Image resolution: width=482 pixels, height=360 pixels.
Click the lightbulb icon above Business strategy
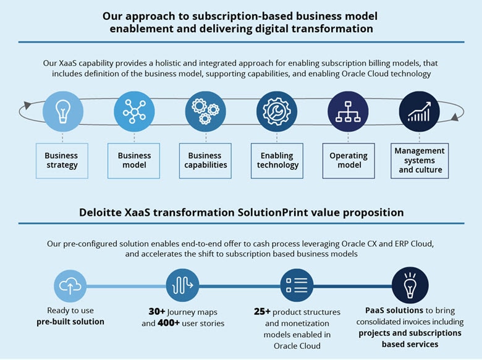coord(62,111)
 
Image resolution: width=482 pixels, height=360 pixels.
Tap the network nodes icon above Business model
coord(134,111)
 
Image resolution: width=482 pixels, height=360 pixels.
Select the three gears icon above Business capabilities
coord(205,111)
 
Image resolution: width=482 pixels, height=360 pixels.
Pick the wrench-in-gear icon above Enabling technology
coord(277,111)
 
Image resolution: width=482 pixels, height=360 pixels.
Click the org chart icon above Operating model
coord(348,111)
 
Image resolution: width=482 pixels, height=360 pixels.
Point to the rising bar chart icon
coord(420,111)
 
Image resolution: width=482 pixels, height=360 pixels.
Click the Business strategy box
coord(62,161)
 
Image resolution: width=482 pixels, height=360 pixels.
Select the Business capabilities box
coord(205,161)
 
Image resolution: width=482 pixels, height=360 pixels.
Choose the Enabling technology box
coord(277,161)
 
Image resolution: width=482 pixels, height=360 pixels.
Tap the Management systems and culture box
coord(420,161)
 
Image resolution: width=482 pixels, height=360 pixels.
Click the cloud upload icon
coord(70,286)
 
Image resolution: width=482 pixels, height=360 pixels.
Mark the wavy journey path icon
coord(182,285)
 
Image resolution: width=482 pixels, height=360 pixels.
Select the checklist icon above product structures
coord(297,285)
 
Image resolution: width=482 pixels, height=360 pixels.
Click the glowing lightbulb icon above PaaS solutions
coord(410,285)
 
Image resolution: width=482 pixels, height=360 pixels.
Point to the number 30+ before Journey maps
coord(157,312)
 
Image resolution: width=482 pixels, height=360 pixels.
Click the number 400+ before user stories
coord(169,323)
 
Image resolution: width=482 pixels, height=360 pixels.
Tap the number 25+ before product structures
coord(262,312)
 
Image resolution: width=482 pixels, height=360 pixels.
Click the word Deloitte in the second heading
coord(100,212)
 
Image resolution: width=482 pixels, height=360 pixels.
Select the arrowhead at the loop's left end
coord(27,105)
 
